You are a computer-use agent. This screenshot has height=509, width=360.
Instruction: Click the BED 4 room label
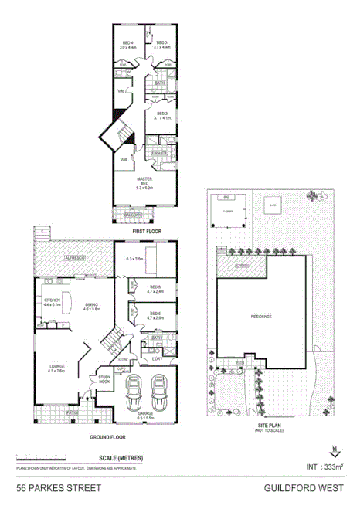(127, 42)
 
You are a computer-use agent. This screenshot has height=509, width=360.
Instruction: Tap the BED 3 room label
(161, 42)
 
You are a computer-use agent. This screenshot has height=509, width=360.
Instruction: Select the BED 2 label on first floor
(160, 114)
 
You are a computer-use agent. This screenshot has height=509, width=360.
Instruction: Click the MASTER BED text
(144, 183)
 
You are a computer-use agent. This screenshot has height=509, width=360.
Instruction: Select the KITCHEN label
(52, 302)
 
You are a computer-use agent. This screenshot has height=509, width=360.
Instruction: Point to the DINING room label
(93, 307)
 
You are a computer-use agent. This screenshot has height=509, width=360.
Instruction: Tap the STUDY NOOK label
(104, 379)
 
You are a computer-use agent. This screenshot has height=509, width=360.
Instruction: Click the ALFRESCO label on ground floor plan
(75, 256)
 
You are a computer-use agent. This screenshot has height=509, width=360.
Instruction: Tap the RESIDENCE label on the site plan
(261, 317)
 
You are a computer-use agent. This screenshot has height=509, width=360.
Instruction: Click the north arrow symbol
(333, 452)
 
